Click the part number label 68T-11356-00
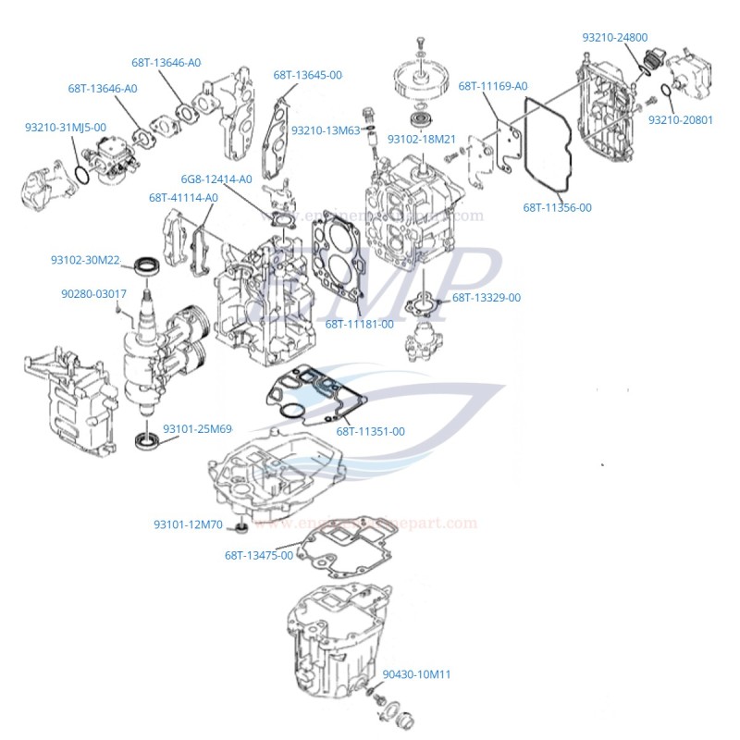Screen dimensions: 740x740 [557, 207]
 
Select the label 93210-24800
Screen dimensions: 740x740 [614, 37]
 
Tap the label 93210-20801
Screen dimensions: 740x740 [680, 119]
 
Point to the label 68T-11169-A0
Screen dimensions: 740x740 [492, 86]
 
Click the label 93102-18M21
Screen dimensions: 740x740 [421, 139]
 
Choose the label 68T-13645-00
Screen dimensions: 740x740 [307, 74]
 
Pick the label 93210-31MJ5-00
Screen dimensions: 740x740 [65, 127]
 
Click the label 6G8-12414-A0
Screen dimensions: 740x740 [216, 179]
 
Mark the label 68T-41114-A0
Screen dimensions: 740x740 [183, 197]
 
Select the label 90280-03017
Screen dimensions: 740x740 [93, 293]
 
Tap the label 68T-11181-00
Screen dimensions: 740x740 [359, 324]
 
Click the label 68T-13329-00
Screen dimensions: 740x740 [487, 298]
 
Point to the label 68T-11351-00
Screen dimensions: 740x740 [370, 431]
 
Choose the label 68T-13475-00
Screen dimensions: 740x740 [258, 555]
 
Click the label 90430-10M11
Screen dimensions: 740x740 [416, 674]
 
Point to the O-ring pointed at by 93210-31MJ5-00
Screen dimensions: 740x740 [83, 175]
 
